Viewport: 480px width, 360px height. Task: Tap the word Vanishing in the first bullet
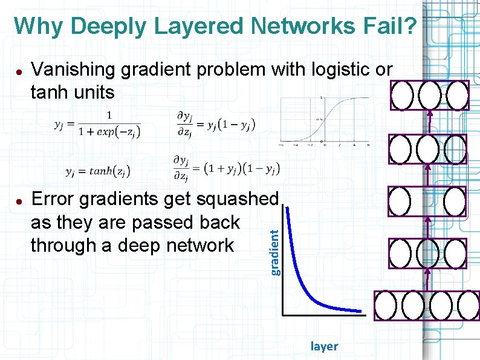[x=73, y=70]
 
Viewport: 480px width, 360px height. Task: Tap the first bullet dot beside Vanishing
[x=19, y=71]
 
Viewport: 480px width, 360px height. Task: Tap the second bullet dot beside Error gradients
[x=19, y=200]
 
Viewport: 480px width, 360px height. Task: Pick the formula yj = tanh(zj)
[x=97, y=172]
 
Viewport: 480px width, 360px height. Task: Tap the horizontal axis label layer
[x=324, y=347]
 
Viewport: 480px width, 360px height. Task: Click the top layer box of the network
[x=429, y=95]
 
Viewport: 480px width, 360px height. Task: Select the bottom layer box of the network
[x=426, y=306]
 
